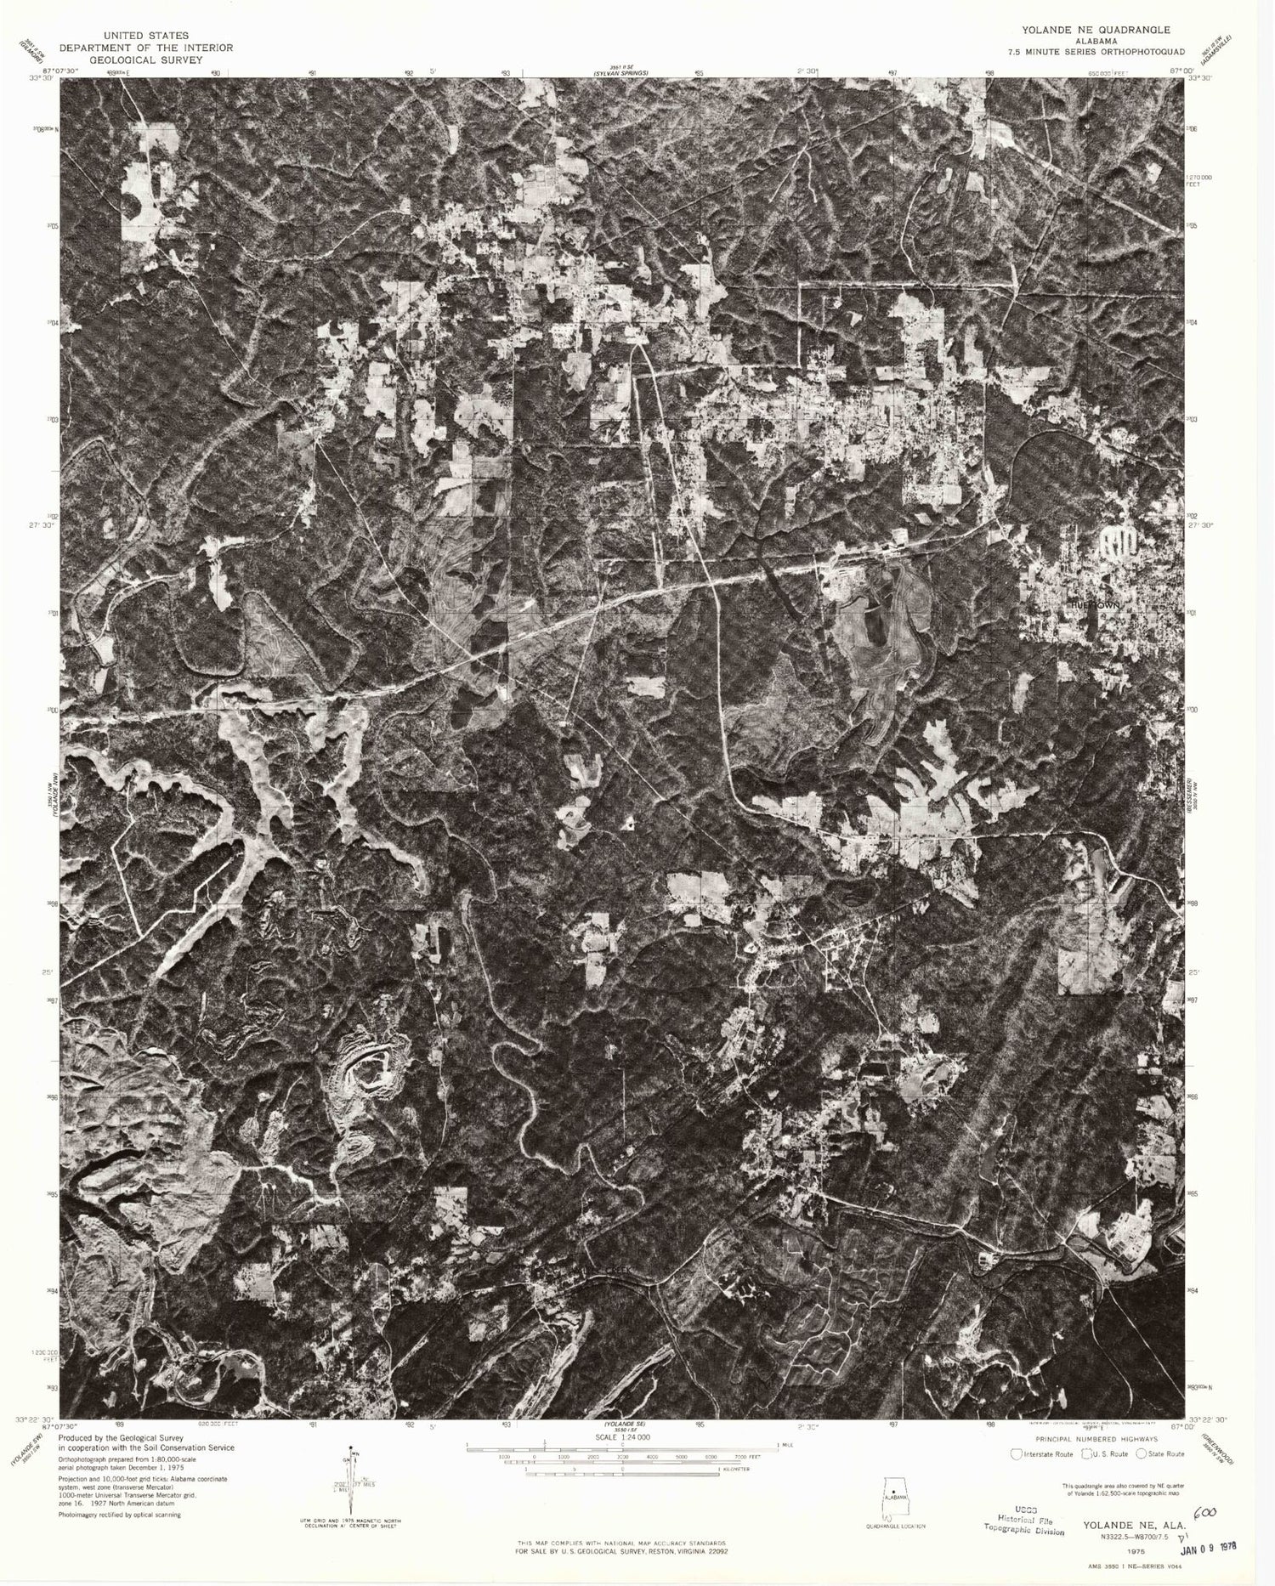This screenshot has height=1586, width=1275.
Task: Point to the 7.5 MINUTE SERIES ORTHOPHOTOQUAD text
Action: click(x=1083, y=53)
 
